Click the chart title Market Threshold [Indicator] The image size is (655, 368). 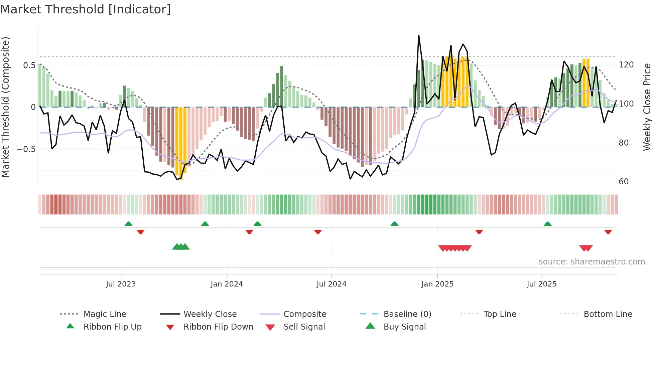click(x=86, y=9)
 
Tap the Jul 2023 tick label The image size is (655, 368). click(x=121, y=284)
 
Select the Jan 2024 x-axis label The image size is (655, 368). click(x=227, y=284)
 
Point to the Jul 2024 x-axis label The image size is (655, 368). click(x=331, y=284)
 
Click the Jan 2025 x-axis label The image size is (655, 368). click(x=437, y=284)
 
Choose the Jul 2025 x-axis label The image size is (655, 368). click(x=542, y=284)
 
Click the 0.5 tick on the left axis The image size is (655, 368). click(x=29, y=65)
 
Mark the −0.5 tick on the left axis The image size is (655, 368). click(x=26, y=149)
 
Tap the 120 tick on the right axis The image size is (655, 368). click(x=626, y=65)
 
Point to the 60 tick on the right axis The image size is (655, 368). click(x=624, y=182)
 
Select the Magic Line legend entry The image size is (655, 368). click(x=105, y=314)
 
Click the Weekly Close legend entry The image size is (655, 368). click(x=210, y=314)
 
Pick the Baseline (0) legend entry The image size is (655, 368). click(x=407, y=314)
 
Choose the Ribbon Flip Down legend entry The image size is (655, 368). click(x=218, y=327)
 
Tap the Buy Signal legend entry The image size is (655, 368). click(x=404, y=327)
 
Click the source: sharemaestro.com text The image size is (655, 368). click(x=592, y=262)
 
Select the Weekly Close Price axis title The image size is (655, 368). click(x=647, y=107)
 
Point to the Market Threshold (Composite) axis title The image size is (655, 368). click(x=6, y=107)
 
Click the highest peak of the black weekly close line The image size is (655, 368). click(x=419, y=35)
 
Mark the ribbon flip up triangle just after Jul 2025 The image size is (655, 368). click(x=547, y=224)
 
